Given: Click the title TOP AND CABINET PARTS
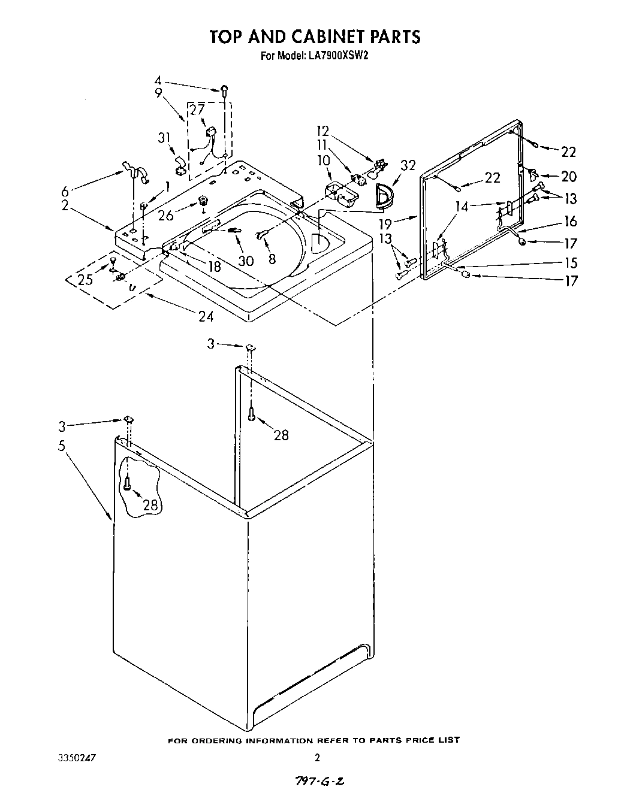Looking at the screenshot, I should click(x=315, y=37).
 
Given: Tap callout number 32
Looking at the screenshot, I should click(x=408, y=166).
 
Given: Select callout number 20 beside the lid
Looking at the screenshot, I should click(x=569, y=176).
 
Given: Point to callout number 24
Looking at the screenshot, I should click(x=206, y=316).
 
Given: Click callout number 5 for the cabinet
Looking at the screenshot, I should click(x=62, y=447).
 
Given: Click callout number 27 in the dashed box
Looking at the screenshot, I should click(x=197, y=109).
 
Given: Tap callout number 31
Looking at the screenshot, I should click(x=164, y=138).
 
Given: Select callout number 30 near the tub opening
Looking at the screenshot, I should click(x=245, y=261).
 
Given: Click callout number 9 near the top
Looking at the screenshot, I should click(x=158, y=92).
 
